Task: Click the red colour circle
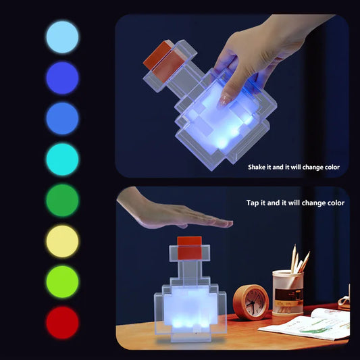(x=62, y=322)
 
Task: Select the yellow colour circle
(x=62, y=241)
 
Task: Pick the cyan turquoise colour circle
(x=62, y=159)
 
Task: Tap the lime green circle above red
(x=62, y=282)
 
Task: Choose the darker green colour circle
(x=62, y=201)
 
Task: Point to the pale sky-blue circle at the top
(x=62, y=36)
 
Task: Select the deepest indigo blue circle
(x=62, y=78)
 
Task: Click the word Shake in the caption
(x=258, y=167)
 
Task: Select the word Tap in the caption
(x=253, y=203)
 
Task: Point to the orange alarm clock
(x=251, y=302)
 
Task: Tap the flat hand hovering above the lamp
(x=169, y=214)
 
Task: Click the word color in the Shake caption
(x=330, y=167)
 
